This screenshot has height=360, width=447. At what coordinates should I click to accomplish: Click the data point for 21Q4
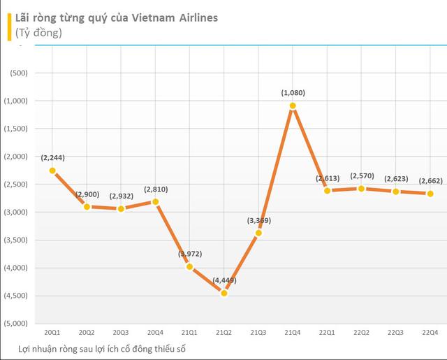coord(293,106)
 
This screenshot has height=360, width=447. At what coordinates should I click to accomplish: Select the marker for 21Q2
coord(224,293)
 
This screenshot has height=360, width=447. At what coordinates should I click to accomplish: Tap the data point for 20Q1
coord(52,171)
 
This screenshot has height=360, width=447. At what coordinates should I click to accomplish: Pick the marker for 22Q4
coord(430,194)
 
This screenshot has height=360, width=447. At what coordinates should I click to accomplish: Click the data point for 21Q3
coord(258,233)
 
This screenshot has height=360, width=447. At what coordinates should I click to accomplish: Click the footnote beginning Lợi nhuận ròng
coord(103,347)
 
